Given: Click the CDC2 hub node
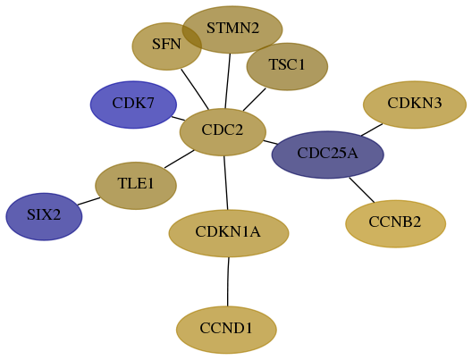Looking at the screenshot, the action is point(223,132).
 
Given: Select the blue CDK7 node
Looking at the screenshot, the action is point(133,105).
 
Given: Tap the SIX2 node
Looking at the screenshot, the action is point(44,216).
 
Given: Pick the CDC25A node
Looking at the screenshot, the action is point(327,155).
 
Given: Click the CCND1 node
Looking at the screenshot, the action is point(226,330).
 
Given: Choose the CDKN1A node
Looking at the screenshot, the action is point(229,233).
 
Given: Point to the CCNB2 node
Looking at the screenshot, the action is point(395,223).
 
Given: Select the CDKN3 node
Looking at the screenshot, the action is point(415,105).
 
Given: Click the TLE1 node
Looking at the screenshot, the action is point(136,186).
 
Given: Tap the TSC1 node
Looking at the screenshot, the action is point(287,66).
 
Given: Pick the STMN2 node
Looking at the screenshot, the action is point(232,29).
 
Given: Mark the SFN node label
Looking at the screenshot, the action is point(166,44).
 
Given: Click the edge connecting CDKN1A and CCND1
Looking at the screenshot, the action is point(228,281).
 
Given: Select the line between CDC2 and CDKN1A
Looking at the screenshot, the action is point(226,183).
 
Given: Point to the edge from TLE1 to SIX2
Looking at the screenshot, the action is point(88,201).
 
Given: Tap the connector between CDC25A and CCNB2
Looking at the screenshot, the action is point(362,190).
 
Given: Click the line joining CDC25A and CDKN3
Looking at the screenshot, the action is point(372,130).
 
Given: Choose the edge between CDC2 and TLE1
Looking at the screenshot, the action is point(180,159).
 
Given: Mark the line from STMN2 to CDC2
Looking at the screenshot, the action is point(228,81).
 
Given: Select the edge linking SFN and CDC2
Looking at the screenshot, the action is point(195,89).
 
